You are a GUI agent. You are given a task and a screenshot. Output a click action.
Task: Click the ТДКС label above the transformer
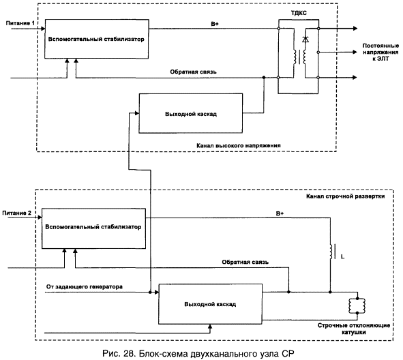pyautogui.click(x=299, y=13)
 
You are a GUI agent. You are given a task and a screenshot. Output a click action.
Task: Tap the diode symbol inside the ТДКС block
pyautogui.click(x=305, y=40)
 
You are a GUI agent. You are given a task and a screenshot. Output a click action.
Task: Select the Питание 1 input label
pyautogui.click(x=20, y=23)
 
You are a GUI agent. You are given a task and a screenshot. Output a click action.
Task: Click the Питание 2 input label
pyautogui.click(x=16, y=213)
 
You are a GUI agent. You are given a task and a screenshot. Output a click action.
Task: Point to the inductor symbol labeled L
pyautogui.click(x=332, y=252)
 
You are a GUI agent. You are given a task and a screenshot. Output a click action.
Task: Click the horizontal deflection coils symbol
pyautogui.click(x=357, y=305)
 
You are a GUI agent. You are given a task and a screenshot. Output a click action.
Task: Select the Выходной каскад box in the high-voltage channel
pyautogui.click(x=191, y=113)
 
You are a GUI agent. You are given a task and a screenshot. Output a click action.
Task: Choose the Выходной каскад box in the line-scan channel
pyautogui.click(x=210, y=304)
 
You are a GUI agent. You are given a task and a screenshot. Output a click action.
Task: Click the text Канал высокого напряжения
pyautogui.click(x=239, y=146)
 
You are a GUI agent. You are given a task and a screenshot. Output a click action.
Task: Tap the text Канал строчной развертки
pyautogui.click(x=346, y=196)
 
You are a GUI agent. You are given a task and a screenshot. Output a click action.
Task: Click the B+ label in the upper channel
pyautogui.click(x=215, y=24)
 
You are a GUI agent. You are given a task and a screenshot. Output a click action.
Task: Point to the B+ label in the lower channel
pyautogui.click(x=280, y=213)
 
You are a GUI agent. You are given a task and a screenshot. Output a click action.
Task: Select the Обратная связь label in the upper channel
pyautogui.click(x=193, y=72)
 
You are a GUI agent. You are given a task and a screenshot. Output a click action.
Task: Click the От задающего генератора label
pyautogui.click(x=85, y=286)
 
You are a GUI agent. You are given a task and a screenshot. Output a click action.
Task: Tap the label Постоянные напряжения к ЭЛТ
pyautogui.click(x=380, y=52)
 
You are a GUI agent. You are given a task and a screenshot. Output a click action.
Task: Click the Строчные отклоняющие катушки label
pyautogui.click(x=354, y=329)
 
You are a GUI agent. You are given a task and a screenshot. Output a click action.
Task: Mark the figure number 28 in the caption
pyautogui.click(x=130, y=354)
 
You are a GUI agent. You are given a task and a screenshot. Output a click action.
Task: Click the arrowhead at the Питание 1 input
pyautogui.click(x=43, y=28)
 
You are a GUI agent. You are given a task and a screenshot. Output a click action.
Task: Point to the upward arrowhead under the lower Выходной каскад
pyautogui.click(x=210, y=327)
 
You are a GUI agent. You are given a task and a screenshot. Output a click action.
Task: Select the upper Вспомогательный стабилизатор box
pyautogui.click(x=97, y=39)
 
